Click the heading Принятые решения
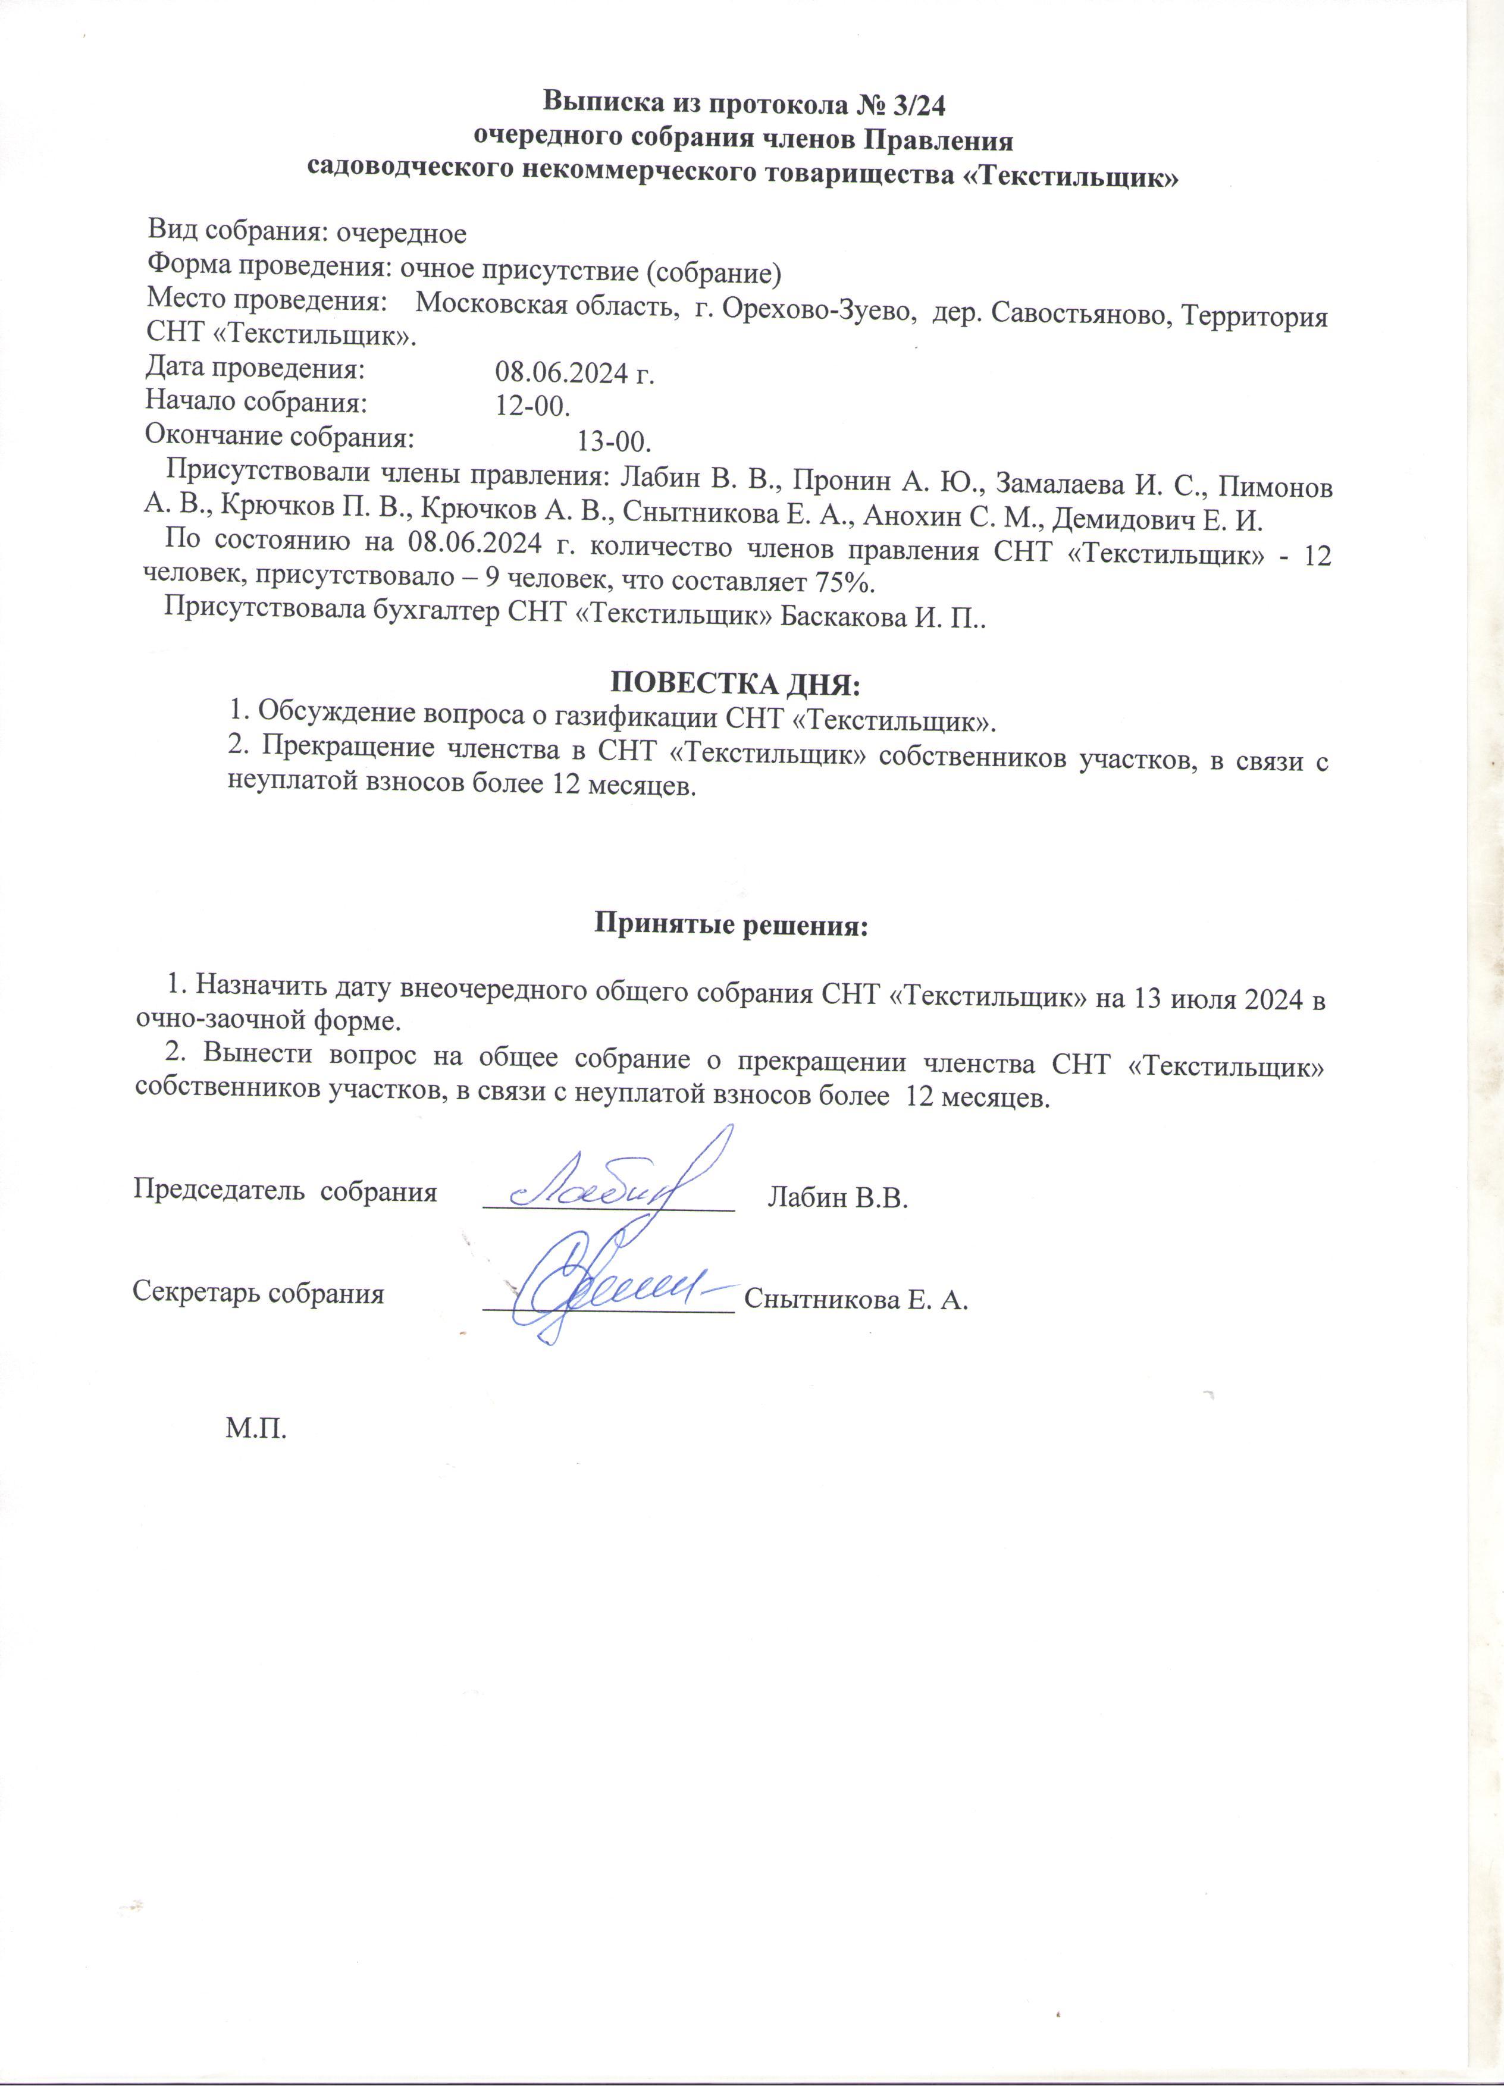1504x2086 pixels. pyautogui.click(x=731, y=923)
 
